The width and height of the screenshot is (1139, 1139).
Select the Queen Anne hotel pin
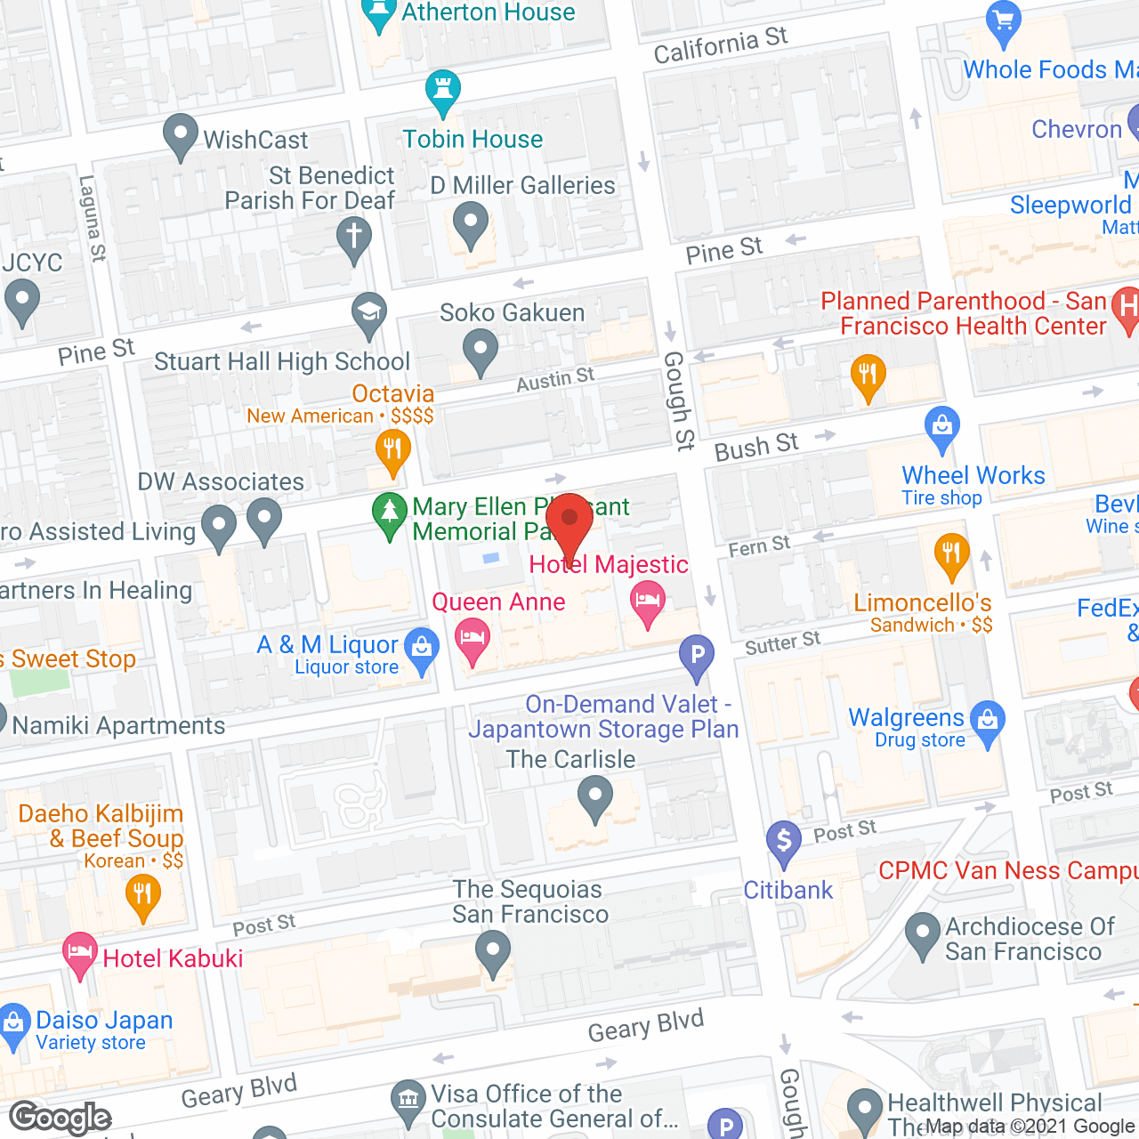click(x=473, y=640)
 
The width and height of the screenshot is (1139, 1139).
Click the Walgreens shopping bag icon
click(x=988, y=722)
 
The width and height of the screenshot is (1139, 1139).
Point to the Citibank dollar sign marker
click(x=784, y=842)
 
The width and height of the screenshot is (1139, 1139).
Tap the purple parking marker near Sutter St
click(x=697, y=657)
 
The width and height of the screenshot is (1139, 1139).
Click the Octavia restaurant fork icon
click(x=392, y=449)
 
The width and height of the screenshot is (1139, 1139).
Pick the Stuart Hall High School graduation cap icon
click(x=368, y=313)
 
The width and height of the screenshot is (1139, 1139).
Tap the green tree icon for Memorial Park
click(x=389, y=513)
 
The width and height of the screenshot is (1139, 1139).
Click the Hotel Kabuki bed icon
click(x=80, y=954)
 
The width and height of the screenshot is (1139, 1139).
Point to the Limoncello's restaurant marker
click(x=951, y=555)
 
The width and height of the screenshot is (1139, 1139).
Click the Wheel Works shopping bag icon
click(x=941, y=427)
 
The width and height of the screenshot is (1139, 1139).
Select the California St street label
click(x=720, y=45)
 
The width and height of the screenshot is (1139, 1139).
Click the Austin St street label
click(x=555, y=380)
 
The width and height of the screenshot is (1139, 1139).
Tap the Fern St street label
click(x=759, y=546)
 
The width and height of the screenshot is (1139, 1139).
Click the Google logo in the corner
click(x=61, y=1118)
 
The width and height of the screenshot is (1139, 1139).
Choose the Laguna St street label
click(x=93, y=218)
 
